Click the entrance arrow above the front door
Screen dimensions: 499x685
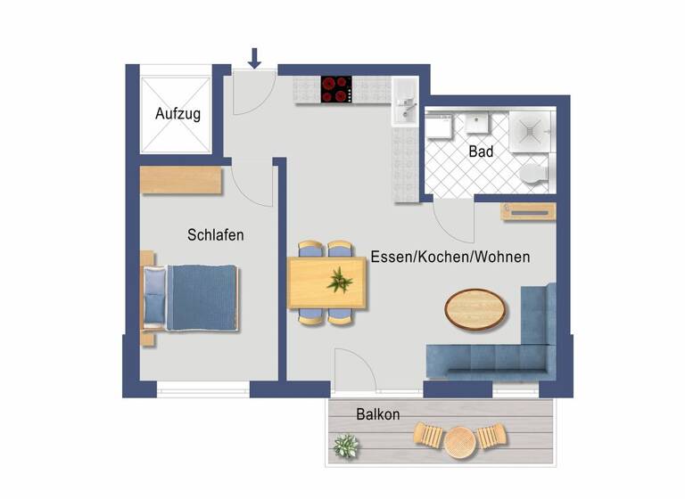pyautogui.click(x=254, y=59)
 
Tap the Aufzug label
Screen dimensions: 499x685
pyautogui.click(x=177, y=114)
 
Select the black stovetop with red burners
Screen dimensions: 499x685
pyautogui.click(x=336, y=87)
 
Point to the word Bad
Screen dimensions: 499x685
pyautogui.click(x=481, y=152)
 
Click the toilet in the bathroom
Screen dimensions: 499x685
pyautogui.click(x=533, y=173)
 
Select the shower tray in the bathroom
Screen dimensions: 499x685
pyautogui.click(x=532, y=129)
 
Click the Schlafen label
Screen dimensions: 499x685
pyautogui.click(x=216, y=235)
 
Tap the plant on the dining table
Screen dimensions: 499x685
pyautogui.click(x=339, y=282)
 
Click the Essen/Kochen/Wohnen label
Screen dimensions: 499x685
pyautogui.click(x=450, y=257)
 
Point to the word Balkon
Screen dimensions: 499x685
pyautogui.click(x=377, y=414)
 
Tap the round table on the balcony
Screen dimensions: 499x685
pyautogui.click(x=460, y=438)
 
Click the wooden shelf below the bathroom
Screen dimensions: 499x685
pyautogui.click(x=529, y=210)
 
